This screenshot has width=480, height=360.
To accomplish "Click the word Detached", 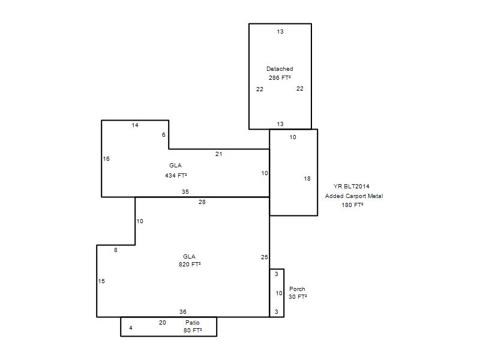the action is (280, 69).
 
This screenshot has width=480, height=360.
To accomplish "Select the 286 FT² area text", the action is (280, 78).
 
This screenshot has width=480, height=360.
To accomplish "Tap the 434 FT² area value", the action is (176, 175).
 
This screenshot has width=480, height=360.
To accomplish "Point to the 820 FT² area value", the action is (190, 264).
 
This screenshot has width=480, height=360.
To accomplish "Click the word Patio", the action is (192, 322).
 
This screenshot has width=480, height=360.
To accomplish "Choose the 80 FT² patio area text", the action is (193, 331).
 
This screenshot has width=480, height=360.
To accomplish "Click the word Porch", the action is (297, 289).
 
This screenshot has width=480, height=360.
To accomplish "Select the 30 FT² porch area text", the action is (298, 296).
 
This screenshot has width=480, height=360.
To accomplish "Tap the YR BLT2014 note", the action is (352, 186).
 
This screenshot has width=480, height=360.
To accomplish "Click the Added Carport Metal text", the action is (354, 196).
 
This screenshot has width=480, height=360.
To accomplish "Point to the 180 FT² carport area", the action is (352, 205).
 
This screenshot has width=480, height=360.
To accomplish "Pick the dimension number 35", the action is (185, 191).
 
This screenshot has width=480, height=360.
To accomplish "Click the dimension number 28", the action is (202, 202).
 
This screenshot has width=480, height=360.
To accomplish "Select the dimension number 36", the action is (183, 311).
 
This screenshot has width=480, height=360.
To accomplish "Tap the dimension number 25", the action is (265, 257).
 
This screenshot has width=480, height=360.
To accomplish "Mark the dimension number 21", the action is (218, 154).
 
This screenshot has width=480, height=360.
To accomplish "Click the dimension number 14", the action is (135, 125).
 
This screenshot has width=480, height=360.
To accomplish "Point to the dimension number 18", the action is (307, 178).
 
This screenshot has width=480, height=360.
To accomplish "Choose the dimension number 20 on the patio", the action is (162, 322).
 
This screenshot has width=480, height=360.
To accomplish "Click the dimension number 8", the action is (115, 250).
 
